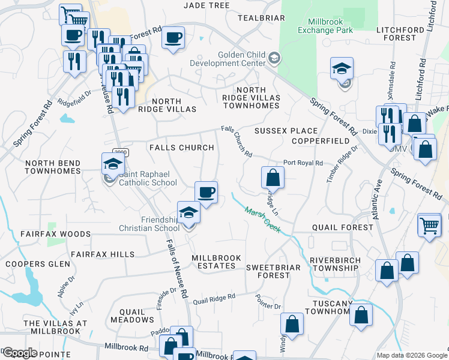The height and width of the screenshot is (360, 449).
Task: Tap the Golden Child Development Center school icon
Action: pos(274,58)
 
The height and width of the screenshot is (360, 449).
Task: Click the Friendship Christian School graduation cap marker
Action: pos(188,214)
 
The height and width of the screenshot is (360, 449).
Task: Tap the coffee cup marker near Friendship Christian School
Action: pos(206,193)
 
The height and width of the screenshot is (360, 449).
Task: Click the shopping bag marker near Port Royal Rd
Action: pos(273,178)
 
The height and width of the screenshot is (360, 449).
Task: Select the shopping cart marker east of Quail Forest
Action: pos(430,226)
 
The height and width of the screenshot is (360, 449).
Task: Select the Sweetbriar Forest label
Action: pos(274,271)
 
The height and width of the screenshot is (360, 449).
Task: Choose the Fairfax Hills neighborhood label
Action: pos(103,254)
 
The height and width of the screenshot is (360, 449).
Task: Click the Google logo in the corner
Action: pos(19,353)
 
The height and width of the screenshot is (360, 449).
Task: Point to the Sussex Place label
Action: pos(286,131)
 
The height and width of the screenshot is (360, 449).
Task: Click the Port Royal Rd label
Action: pos(303,163)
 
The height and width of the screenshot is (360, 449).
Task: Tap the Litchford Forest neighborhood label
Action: pos(396,34)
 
